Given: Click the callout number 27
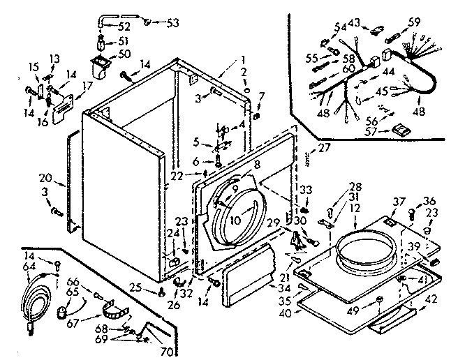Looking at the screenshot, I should coord(323,147).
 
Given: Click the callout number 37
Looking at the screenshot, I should coord(399,202).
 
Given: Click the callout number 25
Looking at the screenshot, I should coord(154,287).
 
